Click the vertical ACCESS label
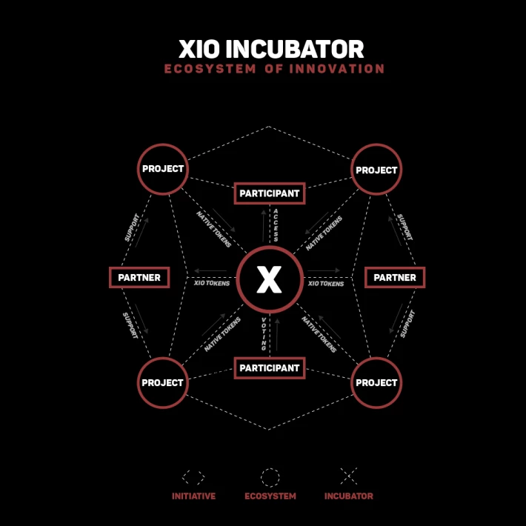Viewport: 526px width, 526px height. (276, 225)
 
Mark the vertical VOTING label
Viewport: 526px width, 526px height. (264, 334)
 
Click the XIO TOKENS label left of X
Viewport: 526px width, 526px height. (212, 283)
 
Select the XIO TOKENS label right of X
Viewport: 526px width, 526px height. (326, 284)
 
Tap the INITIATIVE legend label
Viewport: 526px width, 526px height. (193, 496)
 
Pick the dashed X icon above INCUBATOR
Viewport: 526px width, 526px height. (349, 476)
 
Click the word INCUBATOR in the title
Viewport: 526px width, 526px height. (295, 50)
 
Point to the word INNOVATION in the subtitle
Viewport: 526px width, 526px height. (337, 69)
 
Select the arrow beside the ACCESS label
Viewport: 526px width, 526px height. (264, 226)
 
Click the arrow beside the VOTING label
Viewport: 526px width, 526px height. (277, 335)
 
